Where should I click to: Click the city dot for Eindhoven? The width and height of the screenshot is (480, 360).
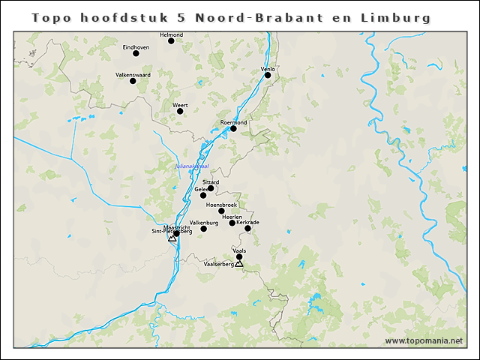(x=136, y=53)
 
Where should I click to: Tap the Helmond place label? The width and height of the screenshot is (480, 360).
(x=172, y=34)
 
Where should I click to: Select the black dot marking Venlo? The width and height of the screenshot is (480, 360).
(x=268, y=75)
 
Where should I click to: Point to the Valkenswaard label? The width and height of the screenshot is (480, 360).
(x=133, y=75)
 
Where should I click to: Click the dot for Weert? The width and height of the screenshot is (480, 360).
(x=179, y=112)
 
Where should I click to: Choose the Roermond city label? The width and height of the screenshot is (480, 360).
(x=234, y=122)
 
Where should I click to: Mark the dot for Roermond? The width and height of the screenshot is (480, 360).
(x=233, y=129)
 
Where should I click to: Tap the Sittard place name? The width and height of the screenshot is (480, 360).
(x=211, y=182)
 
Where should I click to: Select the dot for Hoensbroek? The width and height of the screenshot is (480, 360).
(x=221, y=211)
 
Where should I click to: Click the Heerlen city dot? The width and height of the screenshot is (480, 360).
(x=232, y=223)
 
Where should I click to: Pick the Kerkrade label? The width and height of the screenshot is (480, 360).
(x=247, y=222)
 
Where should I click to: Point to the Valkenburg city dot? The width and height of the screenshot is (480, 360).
(x=203, y=229)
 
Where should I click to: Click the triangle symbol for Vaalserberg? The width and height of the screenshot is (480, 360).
(x=239, y=263)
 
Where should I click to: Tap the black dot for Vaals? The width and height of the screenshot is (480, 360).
(x=239, y=257)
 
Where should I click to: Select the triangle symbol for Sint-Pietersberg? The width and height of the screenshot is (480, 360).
(x=172, y=238)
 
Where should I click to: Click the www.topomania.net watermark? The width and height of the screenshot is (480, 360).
(x=424, y=341)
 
